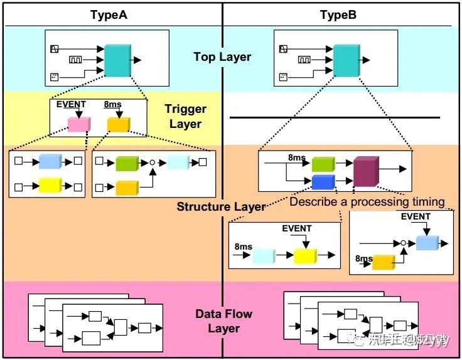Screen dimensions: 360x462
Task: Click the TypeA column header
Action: pyautogui.click(x=109, y=14)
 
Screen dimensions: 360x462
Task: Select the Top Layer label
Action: pyautogui.click(x=222, y=57)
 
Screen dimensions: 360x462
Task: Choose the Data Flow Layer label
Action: pyautogui.click(x=224, y=321)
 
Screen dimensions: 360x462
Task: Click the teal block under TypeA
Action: pyautogui.click(x=117, y=61)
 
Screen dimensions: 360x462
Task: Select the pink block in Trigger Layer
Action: pyautogui.click(x=79, y=125)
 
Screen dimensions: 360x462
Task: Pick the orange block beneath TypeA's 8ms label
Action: pyautogui.click(x=117, y=125)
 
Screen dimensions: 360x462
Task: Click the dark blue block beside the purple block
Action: pyautogui.click(x=323, y=182)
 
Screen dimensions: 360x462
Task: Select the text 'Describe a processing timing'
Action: pyautogui.click(x=367, y=202)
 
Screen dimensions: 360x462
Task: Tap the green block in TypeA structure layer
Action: pyautogui.click(x=127, y=164)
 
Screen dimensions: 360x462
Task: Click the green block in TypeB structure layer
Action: pyautogui.click(x=323, y=165)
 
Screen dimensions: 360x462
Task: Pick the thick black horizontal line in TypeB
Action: pyautogui.click(x=335, y=117)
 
